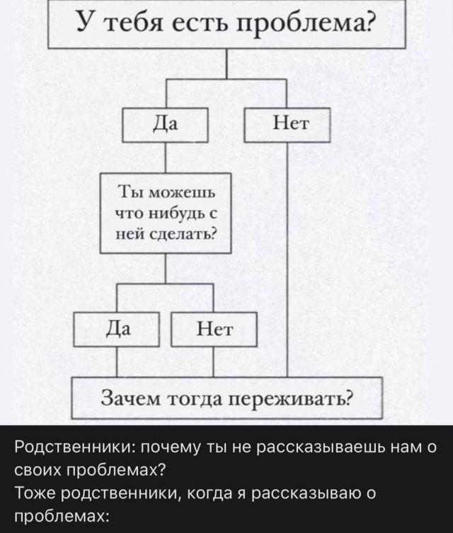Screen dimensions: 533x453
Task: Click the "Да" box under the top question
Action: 165,125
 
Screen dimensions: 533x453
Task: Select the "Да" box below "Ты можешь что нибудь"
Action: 117,328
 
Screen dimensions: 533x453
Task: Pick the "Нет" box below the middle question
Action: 213,330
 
